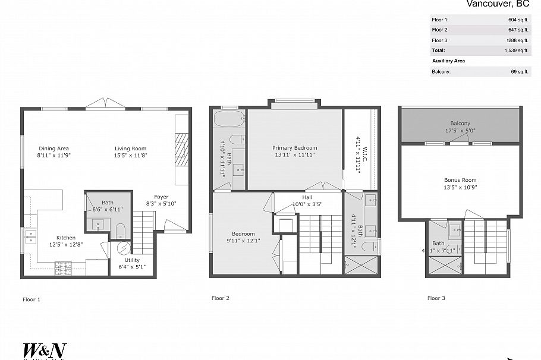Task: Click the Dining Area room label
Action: [54, 149]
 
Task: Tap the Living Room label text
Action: [131, 149]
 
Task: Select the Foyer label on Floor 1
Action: [161, 197]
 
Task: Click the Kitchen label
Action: [66, 238]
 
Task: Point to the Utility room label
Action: [132, 260]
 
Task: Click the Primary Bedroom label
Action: [294, 148]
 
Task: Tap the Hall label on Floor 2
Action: [307, 197]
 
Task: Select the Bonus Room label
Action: [460, 180]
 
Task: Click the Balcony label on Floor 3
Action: [460, 124]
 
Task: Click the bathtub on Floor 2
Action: [229, 120]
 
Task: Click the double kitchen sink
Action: [29, 237]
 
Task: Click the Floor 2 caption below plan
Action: [221, 298]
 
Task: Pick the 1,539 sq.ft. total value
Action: [517, 50]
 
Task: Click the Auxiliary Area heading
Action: [448, 61]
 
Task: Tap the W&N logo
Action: [44, 350]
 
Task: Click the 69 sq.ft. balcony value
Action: [520, 72]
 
